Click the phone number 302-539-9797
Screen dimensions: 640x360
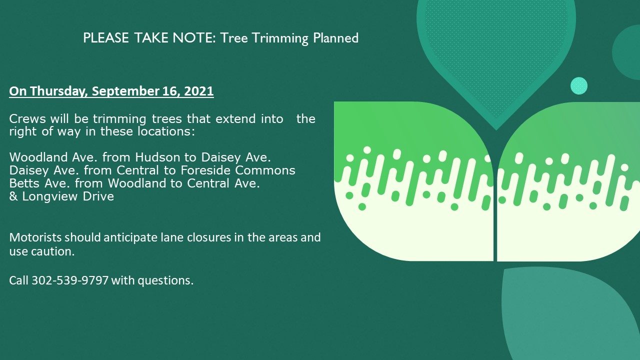[x=70, y=280]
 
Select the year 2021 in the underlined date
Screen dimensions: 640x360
[x=199, y=91]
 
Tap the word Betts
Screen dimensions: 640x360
[x=25, y=183]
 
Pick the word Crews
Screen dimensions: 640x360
[x=27, y=118]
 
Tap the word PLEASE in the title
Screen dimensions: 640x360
[x=105, y=38]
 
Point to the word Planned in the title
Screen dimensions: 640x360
[x=335, y=38]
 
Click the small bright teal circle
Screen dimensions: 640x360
[x=579, y=85]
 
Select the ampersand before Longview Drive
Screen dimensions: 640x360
[x=13, y=196]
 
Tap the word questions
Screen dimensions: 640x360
[x=165, y=281]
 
